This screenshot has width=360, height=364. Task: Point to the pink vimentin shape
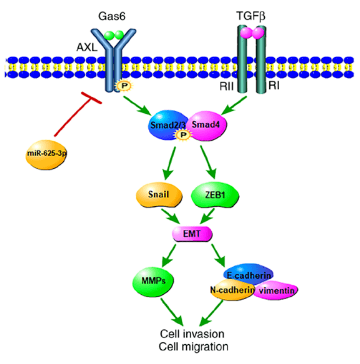(276, 290)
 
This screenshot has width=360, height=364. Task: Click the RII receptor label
(225, 86)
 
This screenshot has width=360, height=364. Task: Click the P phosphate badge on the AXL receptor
(119, 85)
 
